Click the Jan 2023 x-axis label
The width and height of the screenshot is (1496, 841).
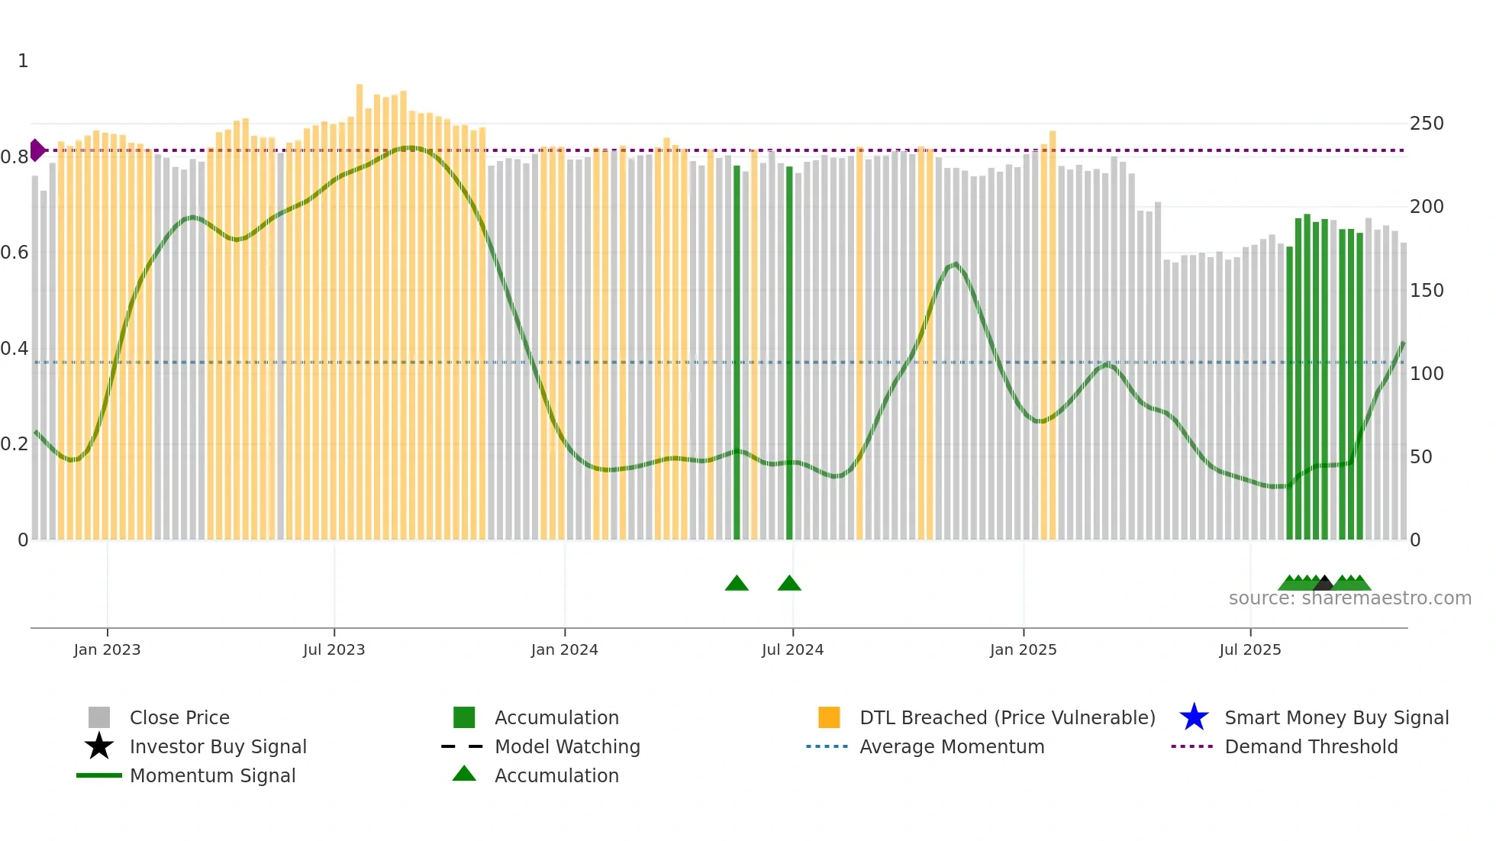click(107, 649)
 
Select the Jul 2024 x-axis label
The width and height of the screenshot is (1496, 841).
click(792, 649)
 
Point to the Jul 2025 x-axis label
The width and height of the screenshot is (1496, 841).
click(1249, 649)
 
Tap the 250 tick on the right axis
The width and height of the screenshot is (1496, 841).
click(1426, 124)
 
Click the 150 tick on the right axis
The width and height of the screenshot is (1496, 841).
click(1426, 291)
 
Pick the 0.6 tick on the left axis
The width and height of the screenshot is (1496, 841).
click(14, 253)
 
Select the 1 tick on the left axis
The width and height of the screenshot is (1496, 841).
click(23, 61)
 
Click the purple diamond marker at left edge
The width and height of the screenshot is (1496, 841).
click(37, 150)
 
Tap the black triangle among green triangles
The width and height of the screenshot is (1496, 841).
click(1324, 584)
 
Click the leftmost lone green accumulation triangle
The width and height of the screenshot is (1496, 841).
click(737, 584)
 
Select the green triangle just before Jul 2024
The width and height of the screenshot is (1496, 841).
click(789, 584)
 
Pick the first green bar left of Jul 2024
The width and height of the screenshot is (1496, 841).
click(737, 351)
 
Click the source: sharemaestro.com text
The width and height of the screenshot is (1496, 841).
click(1349, 598)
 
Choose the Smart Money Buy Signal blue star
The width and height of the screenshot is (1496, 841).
click(1194, 717)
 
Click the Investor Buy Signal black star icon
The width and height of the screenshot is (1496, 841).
click(99, 746)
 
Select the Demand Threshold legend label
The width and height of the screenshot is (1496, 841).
click(1311, 746)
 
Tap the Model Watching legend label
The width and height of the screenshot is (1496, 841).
click(567, 746)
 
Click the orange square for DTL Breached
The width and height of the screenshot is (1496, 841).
click(829, 717)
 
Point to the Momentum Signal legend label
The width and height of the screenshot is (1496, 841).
click(212, 775)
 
